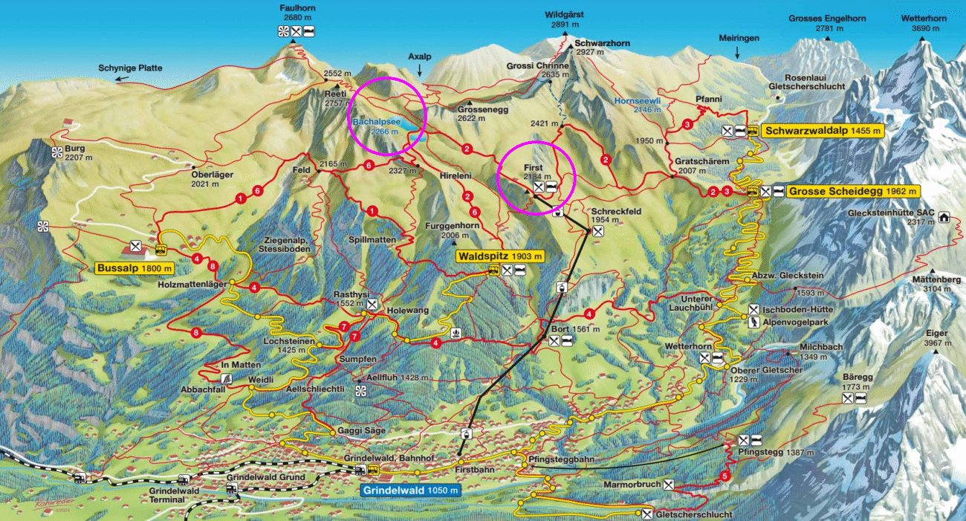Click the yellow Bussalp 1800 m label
tap(134, 268)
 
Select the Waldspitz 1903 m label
tap(500, 256)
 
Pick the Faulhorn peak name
tap(294, 8)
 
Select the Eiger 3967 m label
tap(938, 338)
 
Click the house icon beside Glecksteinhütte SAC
tap(944, 218)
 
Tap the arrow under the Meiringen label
tap(737, 53)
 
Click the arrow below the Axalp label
tap(419, 71)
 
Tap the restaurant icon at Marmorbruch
tap(670, 485)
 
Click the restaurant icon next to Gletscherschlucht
tap(647, 514)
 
